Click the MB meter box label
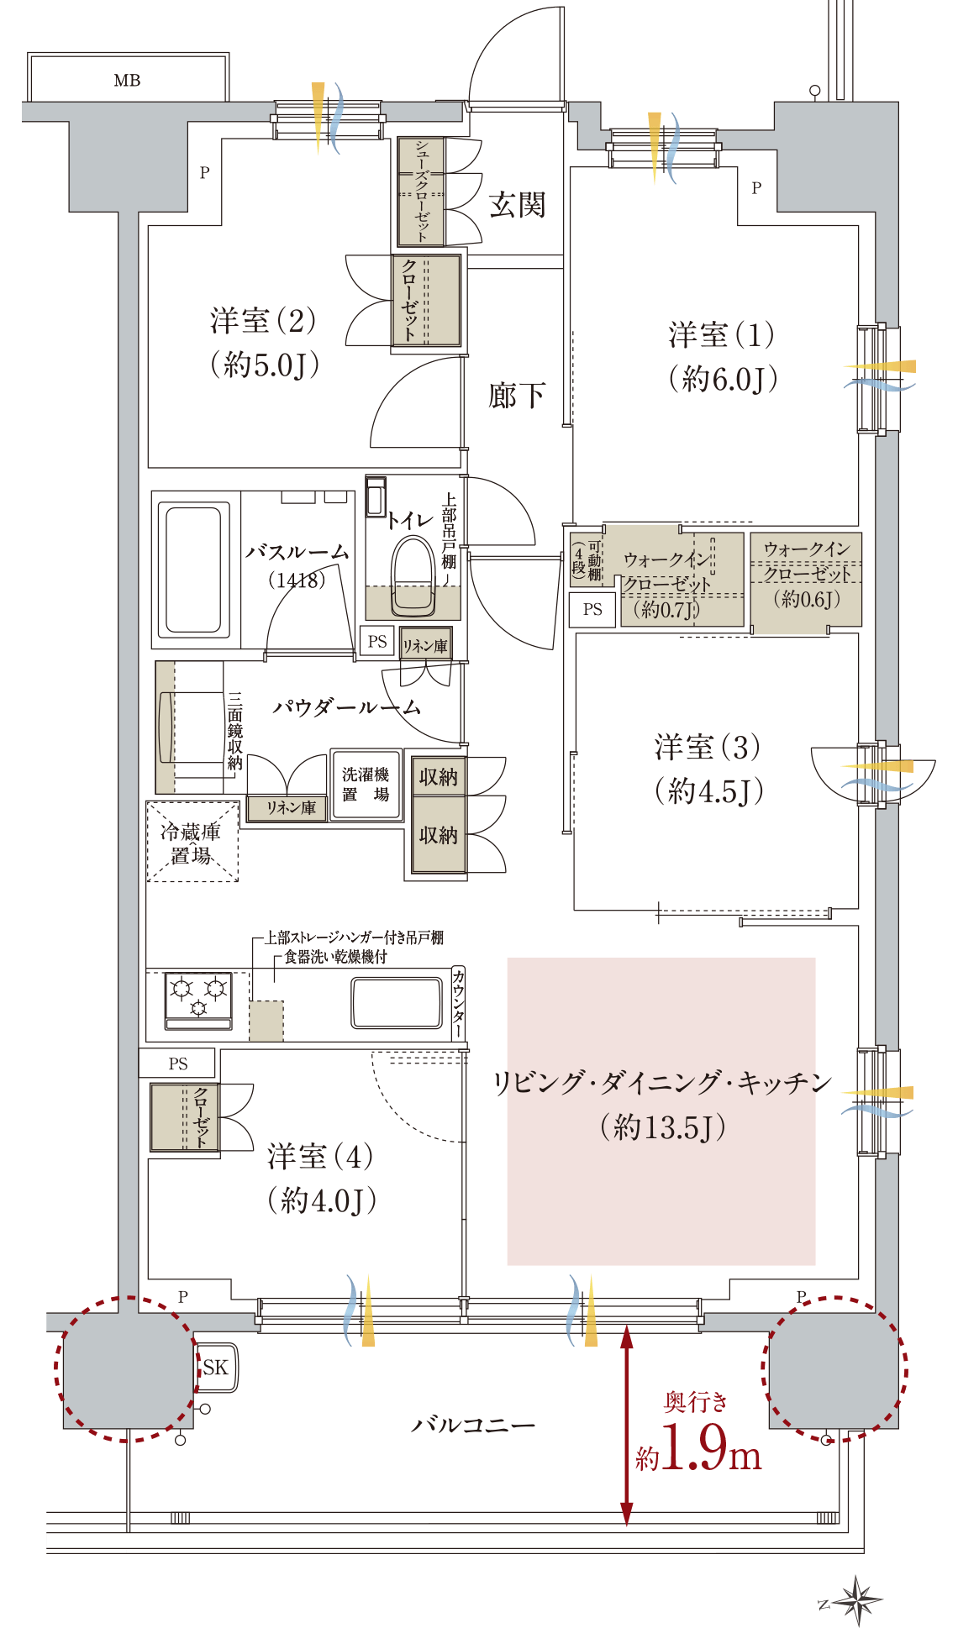point(127,81)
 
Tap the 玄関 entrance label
point(518,205)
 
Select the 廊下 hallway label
point(517,395)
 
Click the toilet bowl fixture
point(413,572)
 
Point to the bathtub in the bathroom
point(194,569)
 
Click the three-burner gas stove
point(198,1000)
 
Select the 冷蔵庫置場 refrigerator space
point(192,843)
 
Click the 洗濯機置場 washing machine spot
point(366,785)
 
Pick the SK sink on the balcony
point(216,1367)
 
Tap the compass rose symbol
point(856,1599)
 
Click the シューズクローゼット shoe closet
point(421,192)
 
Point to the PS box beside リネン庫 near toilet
point(377,642)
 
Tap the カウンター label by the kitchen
point(458,1004)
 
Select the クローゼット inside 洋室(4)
point(185,1117)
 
